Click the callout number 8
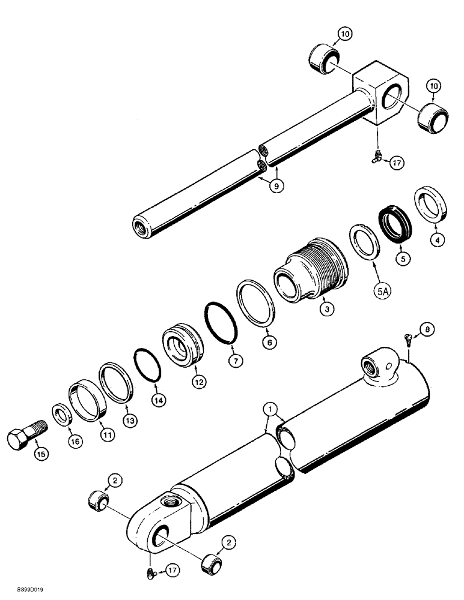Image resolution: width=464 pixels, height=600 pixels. (426, 329)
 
